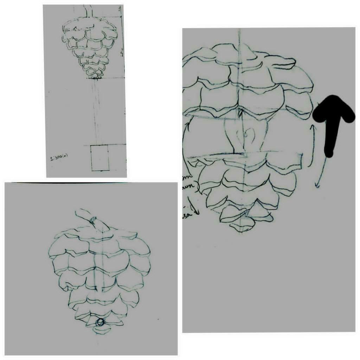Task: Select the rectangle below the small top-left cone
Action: pyautogui.click(x=99, y=158)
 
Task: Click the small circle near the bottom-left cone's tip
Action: pyautogui.click(x=101, y=322)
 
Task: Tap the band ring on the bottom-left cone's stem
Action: pyautogui.click(x=93, y=219)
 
